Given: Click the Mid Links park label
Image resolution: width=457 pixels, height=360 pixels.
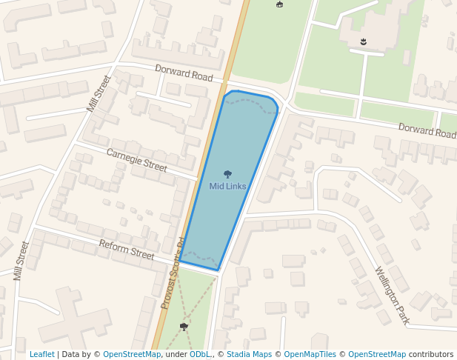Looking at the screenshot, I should point(227,186).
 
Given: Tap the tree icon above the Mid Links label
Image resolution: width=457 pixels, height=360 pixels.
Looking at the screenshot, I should point(227,174).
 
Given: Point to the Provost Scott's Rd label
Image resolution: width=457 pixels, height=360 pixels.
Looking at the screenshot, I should point(173,273).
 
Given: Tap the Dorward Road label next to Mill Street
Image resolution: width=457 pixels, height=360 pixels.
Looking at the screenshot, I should point(184,73).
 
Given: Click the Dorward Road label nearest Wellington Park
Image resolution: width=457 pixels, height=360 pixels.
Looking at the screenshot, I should point(427,131).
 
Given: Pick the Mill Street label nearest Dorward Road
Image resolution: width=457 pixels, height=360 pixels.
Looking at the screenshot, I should point(99,93).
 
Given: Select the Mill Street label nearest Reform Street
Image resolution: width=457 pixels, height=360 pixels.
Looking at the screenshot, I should point(21,261).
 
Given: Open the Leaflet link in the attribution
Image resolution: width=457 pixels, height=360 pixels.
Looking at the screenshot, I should point(41,355).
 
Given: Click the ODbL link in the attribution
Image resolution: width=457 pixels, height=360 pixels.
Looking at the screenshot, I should point(200,355).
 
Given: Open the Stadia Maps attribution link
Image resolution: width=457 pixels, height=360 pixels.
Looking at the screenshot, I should point(249,355).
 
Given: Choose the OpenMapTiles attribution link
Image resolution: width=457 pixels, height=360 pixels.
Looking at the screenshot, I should point(310,355).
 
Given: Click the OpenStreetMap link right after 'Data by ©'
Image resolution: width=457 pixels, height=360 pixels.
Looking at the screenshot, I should point(132,355).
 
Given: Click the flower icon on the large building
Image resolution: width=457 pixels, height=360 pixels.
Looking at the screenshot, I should point(364,41).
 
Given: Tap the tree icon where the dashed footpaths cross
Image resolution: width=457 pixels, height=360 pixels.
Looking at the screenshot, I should point(184,326).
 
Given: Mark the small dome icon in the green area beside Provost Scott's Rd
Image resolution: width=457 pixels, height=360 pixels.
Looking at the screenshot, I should point(279,4).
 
